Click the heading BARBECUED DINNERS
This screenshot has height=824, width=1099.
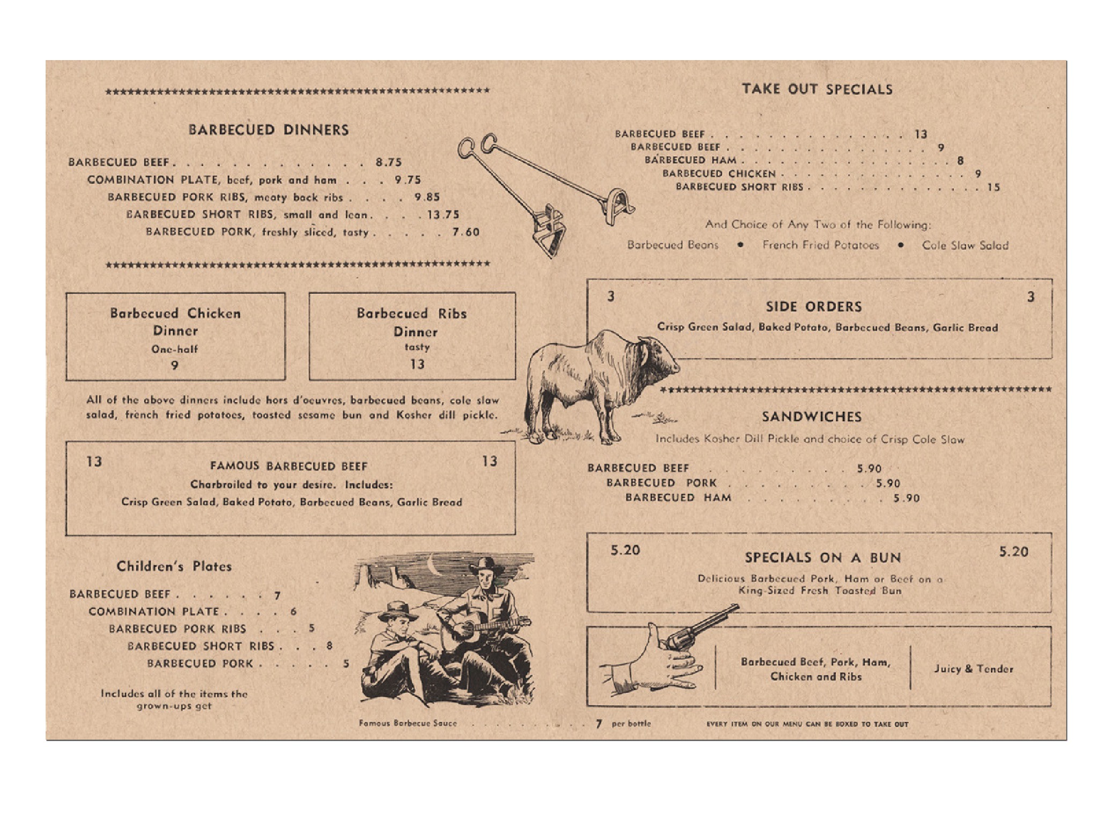pyautogui.click(x=268, y=130)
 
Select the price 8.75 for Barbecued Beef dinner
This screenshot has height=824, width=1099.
pyautogui.click(x=389, y=162)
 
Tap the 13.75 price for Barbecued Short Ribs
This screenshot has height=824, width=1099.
pyautogui.click(x=443, y=215)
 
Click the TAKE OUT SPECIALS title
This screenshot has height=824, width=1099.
pyautogui.click(x=817, y=89)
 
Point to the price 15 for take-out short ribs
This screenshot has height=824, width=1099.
pyautogui.click(x=994, y=187)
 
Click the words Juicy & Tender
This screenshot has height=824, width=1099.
pyautogui.click(x=973, y=669)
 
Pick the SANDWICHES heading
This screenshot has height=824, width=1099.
pyautogui.click(x=811, y=417)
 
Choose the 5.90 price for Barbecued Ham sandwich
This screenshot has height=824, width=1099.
pyautogui.click(x=906, y=498)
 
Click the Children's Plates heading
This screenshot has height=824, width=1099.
pyautogui.click(x=174, y=566)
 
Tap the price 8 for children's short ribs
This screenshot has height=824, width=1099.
pyautogui.click(x=329, y=646)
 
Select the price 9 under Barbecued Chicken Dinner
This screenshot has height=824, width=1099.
pyautogui.click(x=174, y=365)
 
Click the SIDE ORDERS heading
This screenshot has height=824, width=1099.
pyautogui.click(x=814, y=307)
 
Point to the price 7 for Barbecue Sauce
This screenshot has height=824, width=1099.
pyautogui.click(x=599, y=724)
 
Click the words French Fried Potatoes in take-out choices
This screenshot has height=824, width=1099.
pyautogui.click(x=820, y=245)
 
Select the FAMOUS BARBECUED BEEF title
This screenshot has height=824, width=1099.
pyautogui.click(x=289, y=466)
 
